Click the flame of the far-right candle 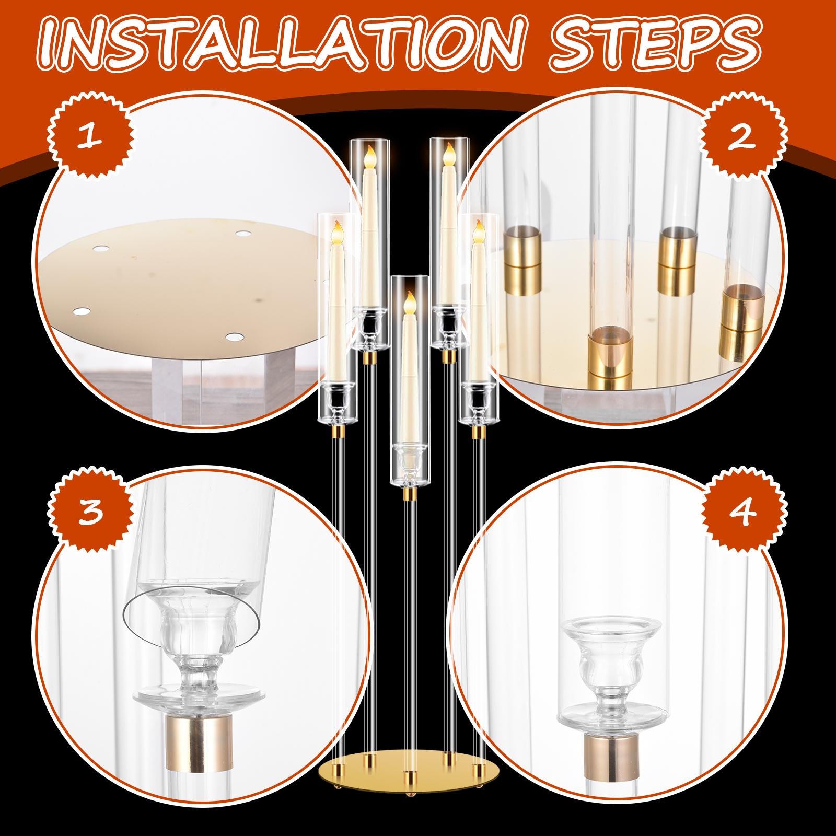coord(477,231)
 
